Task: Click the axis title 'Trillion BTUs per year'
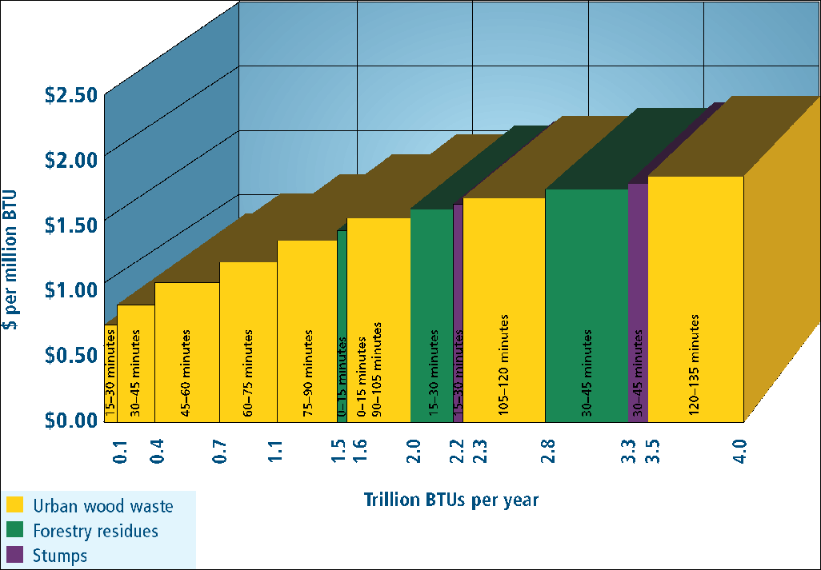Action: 451,500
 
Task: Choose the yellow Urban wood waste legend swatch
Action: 14,505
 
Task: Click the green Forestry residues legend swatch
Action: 14,530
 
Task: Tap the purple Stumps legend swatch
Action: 14,555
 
